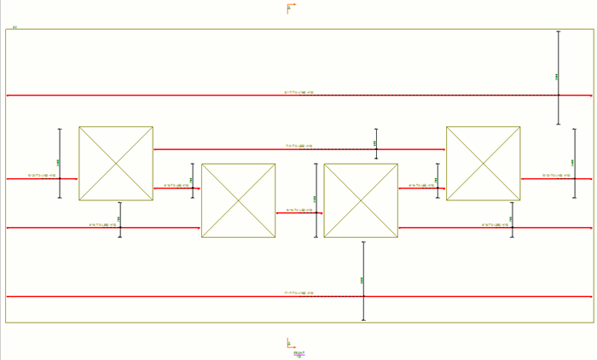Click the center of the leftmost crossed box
point(116,164)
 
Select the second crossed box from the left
point(238,200)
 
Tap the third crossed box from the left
point(361,200)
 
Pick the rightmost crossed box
point(484,164)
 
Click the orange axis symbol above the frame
point(290,9)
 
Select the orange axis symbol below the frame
point(290,344)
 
